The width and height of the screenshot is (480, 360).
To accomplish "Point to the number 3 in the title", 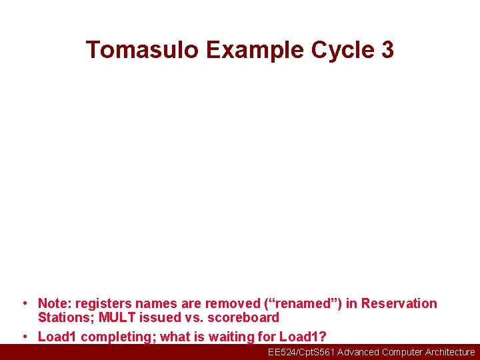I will tap(385, 50).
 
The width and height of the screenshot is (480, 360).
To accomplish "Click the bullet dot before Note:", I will tap(25, 304).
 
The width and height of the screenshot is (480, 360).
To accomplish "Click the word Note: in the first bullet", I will tap(55, 304).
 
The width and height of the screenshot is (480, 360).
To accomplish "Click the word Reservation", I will tap(399, 304).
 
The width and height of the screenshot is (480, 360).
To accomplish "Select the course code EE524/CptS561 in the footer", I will tap(301, 352).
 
